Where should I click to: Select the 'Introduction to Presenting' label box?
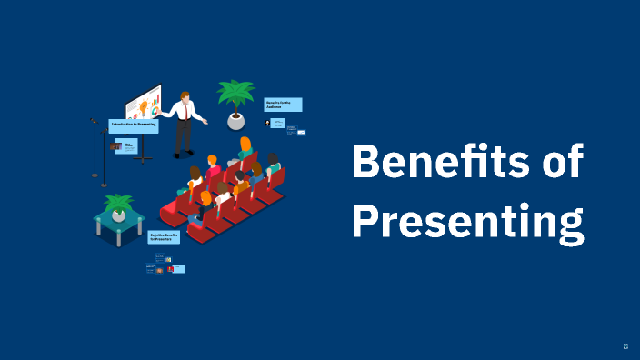click(x=134, y=125)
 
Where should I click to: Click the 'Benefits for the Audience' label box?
click(x=283, y=105)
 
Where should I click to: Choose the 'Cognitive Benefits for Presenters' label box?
click(x=165, y=237)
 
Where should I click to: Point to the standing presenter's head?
click(x=185, y=95)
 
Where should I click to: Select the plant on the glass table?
click(x=118, y=205)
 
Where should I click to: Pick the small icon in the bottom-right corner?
click(x=625, y=345)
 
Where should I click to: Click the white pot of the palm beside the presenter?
click(x=235, y=120)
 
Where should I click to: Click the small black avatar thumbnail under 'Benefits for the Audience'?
click(x=267, y=123)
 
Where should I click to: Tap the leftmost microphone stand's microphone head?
click(x=93, y=120)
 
